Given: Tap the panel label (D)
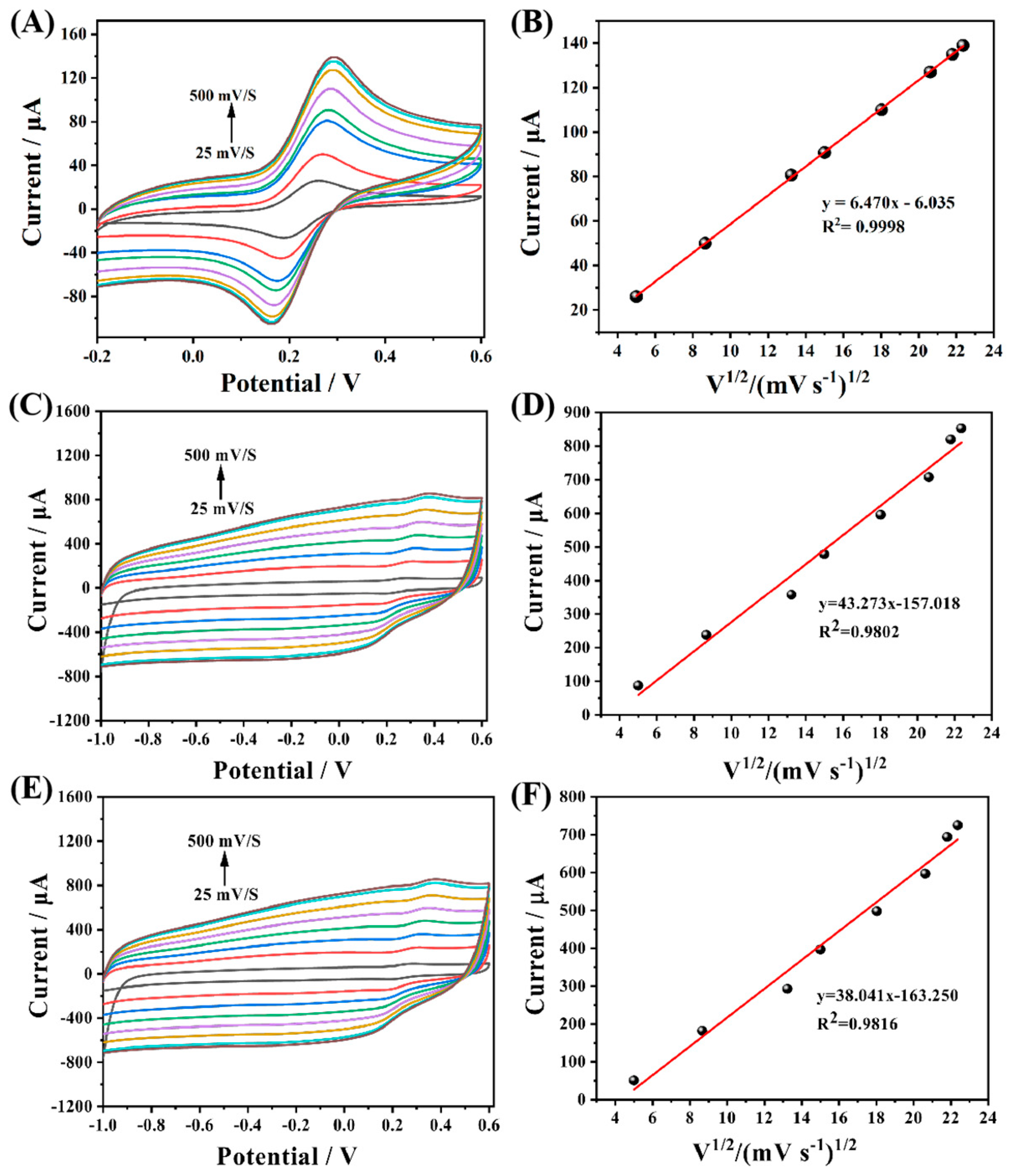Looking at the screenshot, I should pos(532,408).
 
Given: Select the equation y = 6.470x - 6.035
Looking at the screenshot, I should pos(888,203).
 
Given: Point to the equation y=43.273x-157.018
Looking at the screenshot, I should pos(888,603).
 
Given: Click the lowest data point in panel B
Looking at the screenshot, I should pos(636,296).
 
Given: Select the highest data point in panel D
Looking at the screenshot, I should pos(961,428).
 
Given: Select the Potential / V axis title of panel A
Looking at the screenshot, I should pos(290,383).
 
